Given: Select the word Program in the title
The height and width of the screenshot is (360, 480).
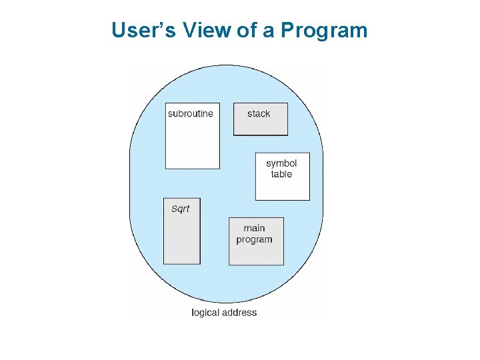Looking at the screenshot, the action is click(324, 31).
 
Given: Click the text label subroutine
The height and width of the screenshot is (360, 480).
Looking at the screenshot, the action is click(191, 114).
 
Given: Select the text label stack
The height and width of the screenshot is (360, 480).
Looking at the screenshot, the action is click(259, 114).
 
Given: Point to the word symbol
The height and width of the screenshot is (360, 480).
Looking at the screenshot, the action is click(281, 163).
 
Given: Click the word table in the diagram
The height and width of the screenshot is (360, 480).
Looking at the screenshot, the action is click(281, 175).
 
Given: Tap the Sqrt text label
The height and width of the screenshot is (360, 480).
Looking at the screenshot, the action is click(181, 209).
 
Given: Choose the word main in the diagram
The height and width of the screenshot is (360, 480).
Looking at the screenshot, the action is click(254, 229).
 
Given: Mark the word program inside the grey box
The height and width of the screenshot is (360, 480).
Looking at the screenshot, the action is click(254, 240).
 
